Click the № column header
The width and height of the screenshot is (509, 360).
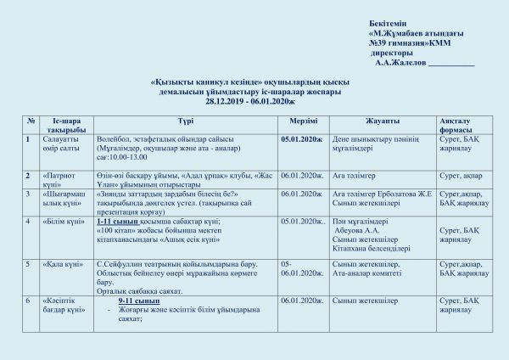[31, 121]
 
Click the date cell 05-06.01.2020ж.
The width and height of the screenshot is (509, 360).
[302, 268]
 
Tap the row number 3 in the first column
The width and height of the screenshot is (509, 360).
[30, 194]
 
